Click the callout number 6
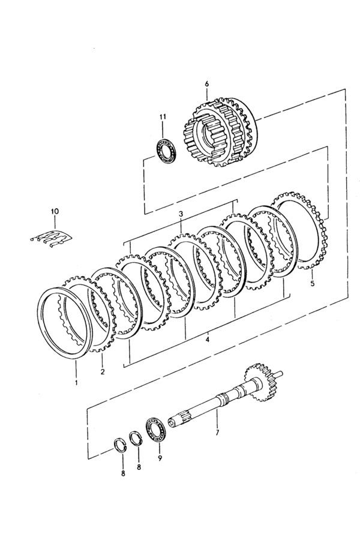[206, 83]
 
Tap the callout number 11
[163, 117]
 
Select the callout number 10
[55, 211]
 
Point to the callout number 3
[181, 214]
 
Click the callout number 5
[312, 284]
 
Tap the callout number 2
[103, 371]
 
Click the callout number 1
[76, 383]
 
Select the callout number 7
[217, 433]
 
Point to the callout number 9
[160, 458]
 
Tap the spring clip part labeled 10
[52, 238]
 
